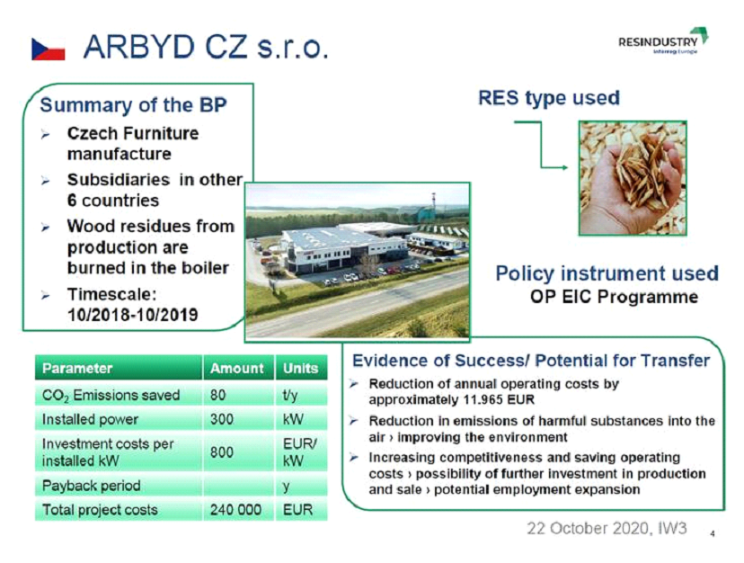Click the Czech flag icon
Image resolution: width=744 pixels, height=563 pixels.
tap(49, 49)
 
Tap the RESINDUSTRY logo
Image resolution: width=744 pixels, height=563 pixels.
tap(663, 40)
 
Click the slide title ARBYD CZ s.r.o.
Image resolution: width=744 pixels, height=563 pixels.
tap(206, 48)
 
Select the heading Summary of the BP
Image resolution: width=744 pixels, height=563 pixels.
tap(133, 105)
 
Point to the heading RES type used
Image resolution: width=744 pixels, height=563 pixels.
tap(549, 98)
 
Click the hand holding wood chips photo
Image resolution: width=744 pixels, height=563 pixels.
tap(633, 178)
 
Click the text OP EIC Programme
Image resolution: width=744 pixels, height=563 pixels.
tap(614, 297)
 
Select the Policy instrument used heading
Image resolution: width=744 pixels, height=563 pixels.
tap(607, 273)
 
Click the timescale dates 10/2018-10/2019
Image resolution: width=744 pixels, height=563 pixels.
tap(132, 315)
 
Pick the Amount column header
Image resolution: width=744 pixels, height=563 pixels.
tap(237, 368)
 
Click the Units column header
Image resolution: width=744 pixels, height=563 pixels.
tap(300, 368)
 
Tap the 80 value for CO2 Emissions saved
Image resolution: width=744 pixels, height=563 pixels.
tap(217, 395)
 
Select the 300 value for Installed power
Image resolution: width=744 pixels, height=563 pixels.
tap(222, 419)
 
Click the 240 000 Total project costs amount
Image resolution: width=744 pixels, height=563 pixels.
tap(235, 510)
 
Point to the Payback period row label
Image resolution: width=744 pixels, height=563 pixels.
tap(91, 486)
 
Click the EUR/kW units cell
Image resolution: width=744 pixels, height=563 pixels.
tap(299, 452)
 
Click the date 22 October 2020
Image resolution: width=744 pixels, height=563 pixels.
tap(588, 528)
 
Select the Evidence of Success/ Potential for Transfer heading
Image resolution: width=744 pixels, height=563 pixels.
tap(531, 361)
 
